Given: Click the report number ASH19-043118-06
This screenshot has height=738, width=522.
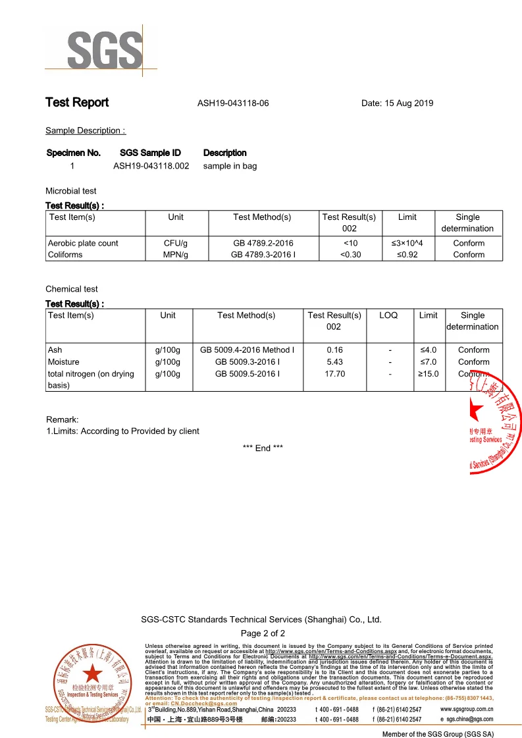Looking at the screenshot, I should click(233, 103).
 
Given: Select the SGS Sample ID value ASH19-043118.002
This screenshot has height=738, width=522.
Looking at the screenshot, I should click(151, 166).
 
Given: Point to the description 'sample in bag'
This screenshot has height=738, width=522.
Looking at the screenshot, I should click(230, 166).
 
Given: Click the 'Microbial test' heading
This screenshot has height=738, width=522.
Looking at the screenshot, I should click(70, 191).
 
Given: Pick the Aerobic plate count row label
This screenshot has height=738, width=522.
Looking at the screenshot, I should click(83, 243).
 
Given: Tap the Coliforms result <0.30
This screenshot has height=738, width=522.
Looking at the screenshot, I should click(349, 255).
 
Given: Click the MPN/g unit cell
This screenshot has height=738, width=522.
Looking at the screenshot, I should click(176, 255).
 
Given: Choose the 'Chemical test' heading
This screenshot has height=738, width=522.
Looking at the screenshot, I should click(71, 289).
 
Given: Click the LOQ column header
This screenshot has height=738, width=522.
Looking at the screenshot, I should click(388, 315).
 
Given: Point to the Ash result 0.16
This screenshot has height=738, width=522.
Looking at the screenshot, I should click(334, 350).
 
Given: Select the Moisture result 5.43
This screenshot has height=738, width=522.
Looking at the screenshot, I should click(334, 362).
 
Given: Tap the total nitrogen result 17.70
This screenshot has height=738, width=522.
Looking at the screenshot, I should click(334, 374).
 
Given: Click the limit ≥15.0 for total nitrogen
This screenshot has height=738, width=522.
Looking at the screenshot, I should click(429, 374).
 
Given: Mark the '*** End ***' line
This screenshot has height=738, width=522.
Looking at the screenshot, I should click(263, 448).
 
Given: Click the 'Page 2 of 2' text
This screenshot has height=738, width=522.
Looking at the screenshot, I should click(263, 633).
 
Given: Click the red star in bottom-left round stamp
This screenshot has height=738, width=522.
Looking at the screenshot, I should click(91, 673).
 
